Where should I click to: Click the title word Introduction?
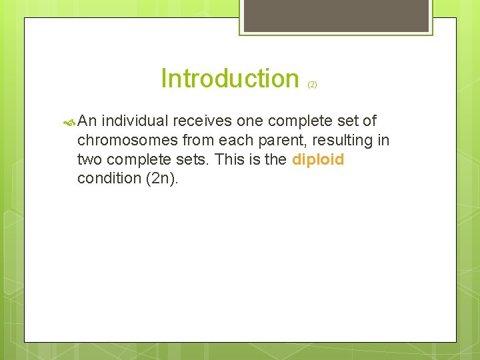click(230, 79)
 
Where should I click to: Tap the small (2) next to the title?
click(312, 85)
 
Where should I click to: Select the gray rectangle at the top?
click(335, 15)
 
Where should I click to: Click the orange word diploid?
click(318, 160)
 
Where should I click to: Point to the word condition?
click(109, 179)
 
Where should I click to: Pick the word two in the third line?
click(89, 160)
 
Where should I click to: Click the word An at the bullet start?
click(88, 121)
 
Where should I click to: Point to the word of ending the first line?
click(369, 121)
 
